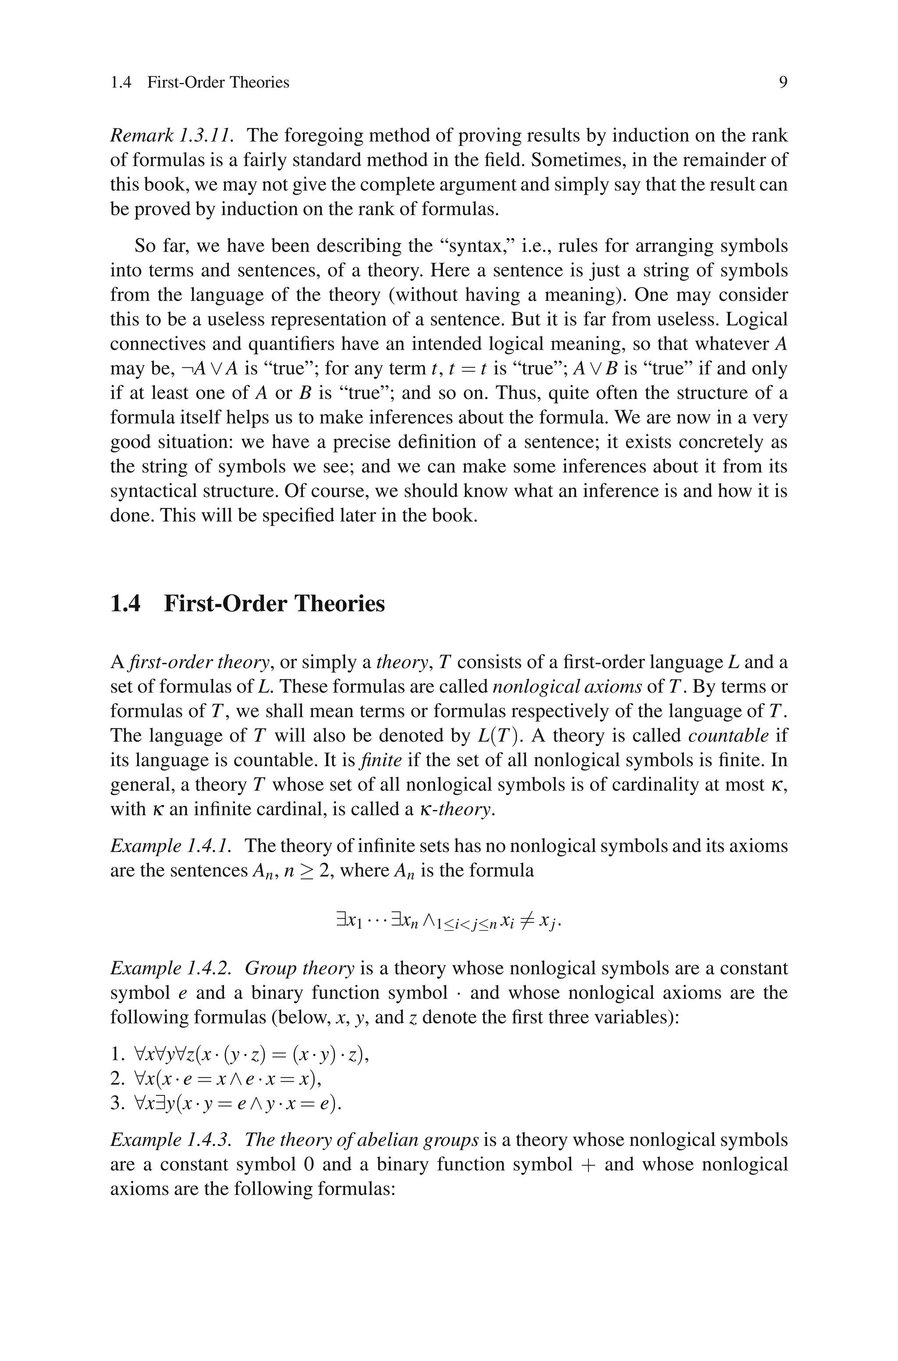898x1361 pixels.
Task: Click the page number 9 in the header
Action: pos(783,83)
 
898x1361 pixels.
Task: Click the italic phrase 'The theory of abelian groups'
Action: pos(361,1140)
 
